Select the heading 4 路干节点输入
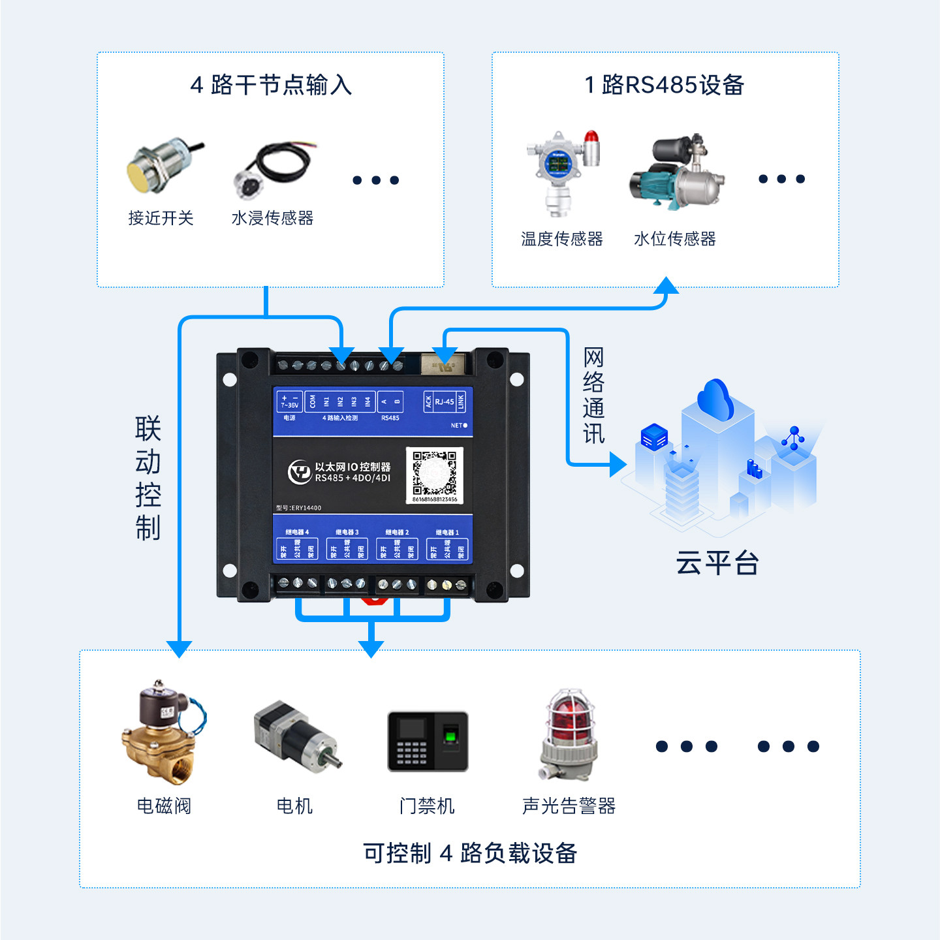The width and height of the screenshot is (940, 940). (271, 85)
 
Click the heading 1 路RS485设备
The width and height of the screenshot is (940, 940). (665, 85)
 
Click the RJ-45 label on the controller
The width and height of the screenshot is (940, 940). (445, 401)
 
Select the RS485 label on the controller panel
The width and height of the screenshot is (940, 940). (390, 418)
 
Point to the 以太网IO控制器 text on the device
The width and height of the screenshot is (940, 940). (352, 467)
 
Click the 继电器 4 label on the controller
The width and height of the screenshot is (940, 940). (297, 532)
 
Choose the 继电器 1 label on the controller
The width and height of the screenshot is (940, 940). (447, 532)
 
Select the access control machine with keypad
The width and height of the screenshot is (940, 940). (428, 741)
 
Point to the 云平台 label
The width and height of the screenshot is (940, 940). (717, 563)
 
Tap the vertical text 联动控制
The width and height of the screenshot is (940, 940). (148, 478)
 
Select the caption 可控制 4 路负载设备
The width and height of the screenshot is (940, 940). (470, 853)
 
